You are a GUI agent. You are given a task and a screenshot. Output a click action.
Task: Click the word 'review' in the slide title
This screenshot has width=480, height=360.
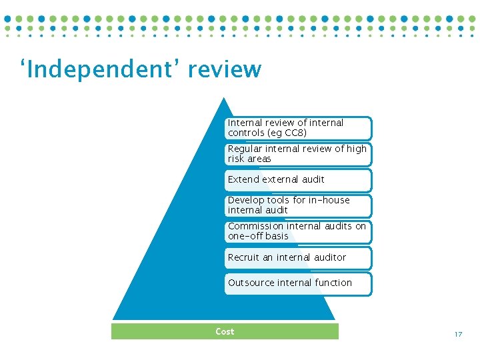(x=225, y=69)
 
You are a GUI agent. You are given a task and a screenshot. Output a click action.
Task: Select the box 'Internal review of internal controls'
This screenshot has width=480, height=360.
(x=298, y=128)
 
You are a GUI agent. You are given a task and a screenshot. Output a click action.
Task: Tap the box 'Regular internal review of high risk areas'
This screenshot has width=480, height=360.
(x=298, y=154)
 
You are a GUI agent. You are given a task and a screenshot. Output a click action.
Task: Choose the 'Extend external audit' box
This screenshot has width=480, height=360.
(x=298, y=179)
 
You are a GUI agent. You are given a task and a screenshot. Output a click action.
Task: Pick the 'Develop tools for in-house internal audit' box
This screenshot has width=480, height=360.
(x=298, y=205)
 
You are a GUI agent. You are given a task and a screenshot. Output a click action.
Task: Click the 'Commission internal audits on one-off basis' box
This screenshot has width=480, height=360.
(x=298, y=231)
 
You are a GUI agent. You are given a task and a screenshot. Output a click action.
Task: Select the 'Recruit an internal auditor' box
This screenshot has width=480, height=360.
(x=298, y=257)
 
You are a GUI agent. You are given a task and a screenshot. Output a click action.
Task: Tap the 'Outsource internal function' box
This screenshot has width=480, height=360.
(x=298, y=283)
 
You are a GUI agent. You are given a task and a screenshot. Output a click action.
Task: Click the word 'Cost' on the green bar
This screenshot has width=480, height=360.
(x=225, y=331)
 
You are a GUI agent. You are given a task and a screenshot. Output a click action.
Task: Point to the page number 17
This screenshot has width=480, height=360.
(x=458, y=334)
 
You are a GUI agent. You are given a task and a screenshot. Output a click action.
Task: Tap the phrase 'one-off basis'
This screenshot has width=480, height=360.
(x=258, y=236)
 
